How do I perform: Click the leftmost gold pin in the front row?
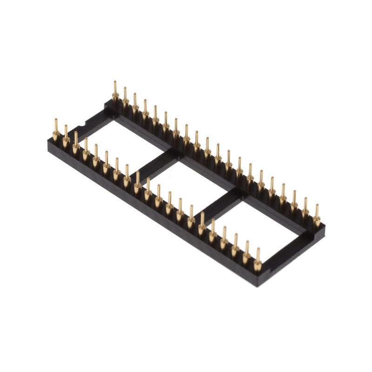(55, 132)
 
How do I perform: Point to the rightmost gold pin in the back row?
(318, 215)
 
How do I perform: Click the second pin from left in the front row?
(66, 138)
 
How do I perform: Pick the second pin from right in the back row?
(306, 209)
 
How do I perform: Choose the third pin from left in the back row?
(135, 104)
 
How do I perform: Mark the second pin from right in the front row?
(247, 254)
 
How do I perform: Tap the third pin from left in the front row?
(76, 144)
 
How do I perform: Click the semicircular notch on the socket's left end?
(82, 125)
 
